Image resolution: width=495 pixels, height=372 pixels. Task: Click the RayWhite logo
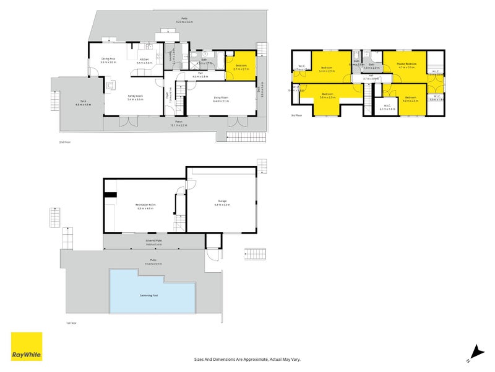coord(27,347)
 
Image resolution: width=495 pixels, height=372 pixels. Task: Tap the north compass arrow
coord(475,351)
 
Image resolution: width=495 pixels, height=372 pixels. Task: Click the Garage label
coord(222,203)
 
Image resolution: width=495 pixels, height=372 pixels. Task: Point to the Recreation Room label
coord(145,206)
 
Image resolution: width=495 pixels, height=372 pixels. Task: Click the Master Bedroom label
coord(407,65)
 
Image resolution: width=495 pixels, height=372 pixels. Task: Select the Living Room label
coord(221,99)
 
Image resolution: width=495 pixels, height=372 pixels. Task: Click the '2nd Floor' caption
coord(65,143)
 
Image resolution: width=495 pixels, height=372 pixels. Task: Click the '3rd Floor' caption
coord(296,115)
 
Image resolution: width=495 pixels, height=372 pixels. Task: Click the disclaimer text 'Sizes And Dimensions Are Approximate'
coord(247,359)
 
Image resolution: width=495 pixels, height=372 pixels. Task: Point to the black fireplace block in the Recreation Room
coord(110,195)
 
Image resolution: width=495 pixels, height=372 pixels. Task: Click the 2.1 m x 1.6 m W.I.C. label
coord(388,107)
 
